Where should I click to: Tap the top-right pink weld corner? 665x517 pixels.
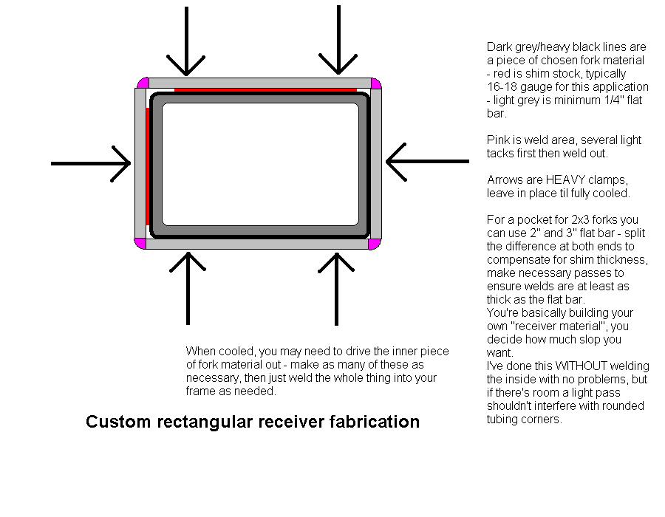pos(376,83)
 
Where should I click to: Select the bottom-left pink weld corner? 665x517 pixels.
pos(140,244)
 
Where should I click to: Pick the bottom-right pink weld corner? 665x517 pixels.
pos(374,244)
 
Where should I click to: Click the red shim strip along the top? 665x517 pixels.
pos(265,90)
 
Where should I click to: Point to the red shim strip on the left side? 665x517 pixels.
pos(148,166)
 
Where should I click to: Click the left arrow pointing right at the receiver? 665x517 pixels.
pos(91,163)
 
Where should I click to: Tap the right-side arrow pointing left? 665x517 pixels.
pos(428,162)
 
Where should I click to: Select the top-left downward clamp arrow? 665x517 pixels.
pos(186,41)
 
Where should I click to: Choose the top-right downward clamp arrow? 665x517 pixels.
pos(338,40)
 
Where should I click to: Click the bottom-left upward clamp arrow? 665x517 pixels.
pos(188,289)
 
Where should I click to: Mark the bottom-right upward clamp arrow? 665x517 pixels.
pos(336,289)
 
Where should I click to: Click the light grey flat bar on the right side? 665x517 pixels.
pos(376,165)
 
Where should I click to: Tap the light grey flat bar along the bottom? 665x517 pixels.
pos(257,244)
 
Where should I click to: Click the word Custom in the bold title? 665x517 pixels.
pos(118,422)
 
